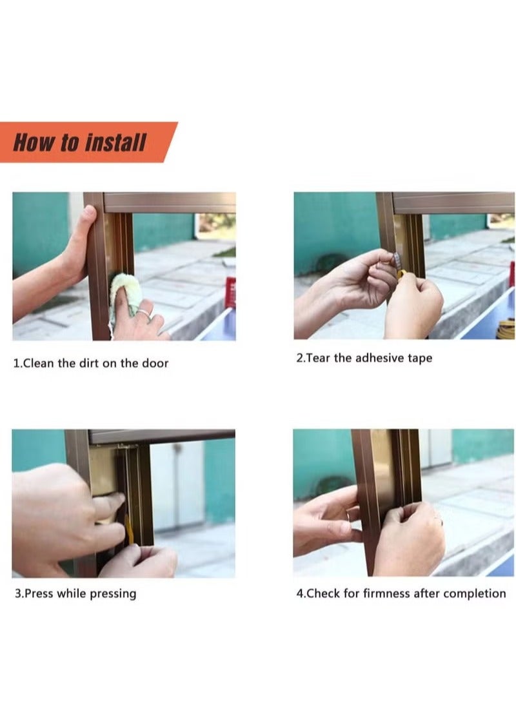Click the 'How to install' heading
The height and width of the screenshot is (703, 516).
80,143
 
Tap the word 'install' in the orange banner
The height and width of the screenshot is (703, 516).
115,143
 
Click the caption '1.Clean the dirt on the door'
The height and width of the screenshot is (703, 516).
91,363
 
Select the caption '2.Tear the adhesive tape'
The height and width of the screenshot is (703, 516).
364,358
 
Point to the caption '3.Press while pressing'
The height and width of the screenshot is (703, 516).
75,593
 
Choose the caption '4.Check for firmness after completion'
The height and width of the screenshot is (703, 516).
401,593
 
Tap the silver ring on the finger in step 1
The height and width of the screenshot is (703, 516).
143,313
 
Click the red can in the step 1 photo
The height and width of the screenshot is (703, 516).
230,292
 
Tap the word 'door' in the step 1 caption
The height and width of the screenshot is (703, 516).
155,363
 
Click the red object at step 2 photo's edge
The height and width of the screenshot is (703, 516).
511,273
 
